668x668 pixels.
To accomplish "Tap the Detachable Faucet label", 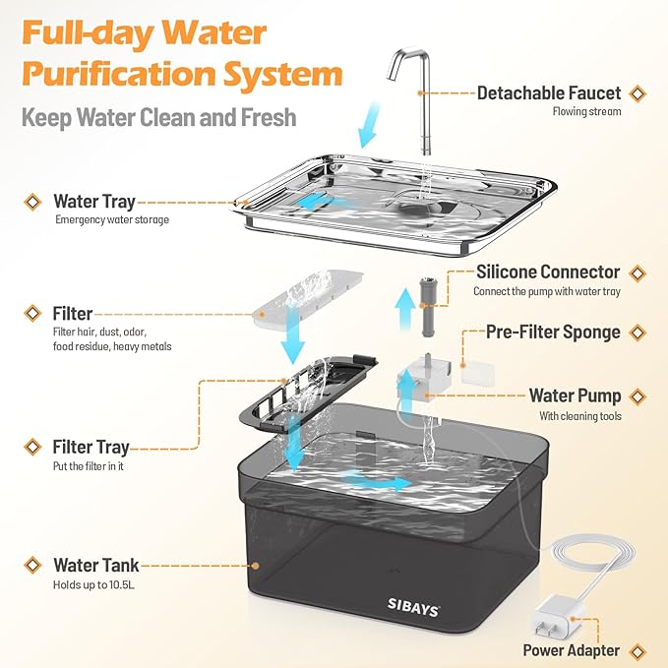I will click(x=549, y=93).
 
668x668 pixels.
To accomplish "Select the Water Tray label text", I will click(x=94, y=202).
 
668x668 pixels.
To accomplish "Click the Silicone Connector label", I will click(x=548, y=272).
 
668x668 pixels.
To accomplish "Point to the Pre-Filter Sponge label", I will click(x=553, y=332).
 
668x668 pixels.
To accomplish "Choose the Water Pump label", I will click(x=575, y=395).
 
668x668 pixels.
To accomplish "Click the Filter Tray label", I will click(x=93, y=448).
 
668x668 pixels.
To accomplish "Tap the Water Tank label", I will click(x=95, y=566).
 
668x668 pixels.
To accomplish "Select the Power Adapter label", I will click(x=570, y=649).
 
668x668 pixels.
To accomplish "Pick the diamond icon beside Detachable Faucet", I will click(x=638, y=93).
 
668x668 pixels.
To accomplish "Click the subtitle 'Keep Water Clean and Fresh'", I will click(x=158, y=117).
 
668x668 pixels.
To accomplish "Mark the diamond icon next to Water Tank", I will click(x=32, y=566).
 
